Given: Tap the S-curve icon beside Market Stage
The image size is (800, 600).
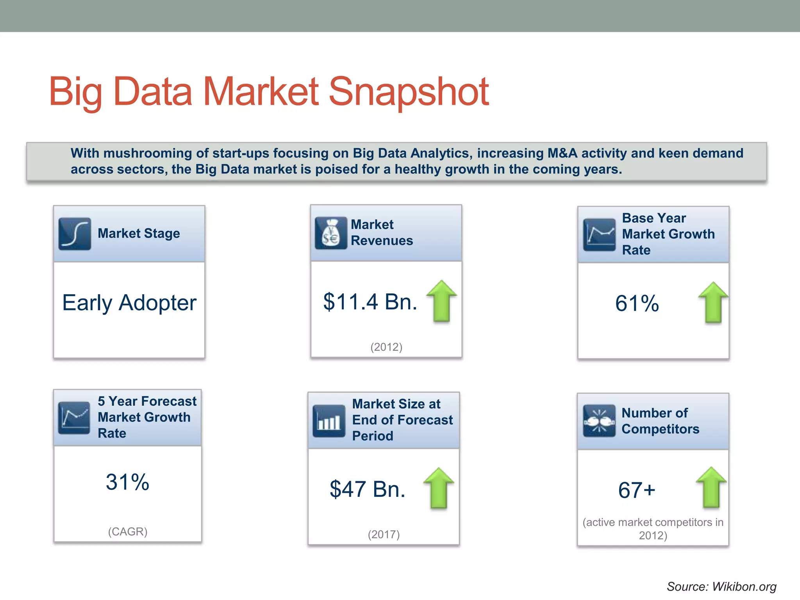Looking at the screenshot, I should pyautogui.click(x=75, y=234).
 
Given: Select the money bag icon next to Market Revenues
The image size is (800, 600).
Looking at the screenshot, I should pyautogui.click(x=331, y=233).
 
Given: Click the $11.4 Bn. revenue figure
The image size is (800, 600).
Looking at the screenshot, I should pyautogui.click(x=370, y=302).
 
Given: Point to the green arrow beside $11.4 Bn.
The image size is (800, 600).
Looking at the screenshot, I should pyautogui.click(x=441, y=301).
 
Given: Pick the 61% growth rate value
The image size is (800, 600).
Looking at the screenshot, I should pyautogui.click(x=637, y=304).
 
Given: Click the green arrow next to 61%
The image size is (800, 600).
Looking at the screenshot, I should pyautogui.click(x=713, y=302).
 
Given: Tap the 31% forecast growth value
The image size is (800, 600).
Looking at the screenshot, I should pyautogui.click(x=127, y=482).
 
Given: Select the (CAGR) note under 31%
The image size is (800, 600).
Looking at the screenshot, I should pyautogui.click(x=128, y=532).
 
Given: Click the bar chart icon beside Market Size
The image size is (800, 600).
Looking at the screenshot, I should pyautogui.click(x=329, y=421).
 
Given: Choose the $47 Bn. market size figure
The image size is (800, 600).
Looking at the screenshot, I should pyautogui.click(x=367, y=489).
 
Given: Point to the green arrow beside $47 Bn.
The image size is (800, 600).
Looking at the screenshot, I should pyautogui.click(x=439, y=488).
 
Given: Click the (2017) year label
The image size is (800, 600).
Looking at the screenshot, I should pyautogui.click(x=384, y=534).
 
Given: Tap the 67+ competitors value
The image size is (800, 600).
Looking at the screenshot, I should pyautogui.click(x=636, y=490).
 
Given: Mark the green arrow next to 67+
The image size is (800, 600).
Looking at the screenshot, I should pyautogui.click(x=711, y=487).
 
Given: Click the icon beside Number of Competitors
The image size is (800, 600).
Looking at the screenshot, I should pyautogui.click(x=599, y=421).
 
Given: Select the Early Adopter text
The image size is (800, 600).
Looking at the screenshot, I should pyautogui.click(x=129, y=303).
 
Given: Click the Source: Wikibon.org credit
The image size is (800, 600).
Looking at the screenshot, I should pyautogui.click(x=721, y=586).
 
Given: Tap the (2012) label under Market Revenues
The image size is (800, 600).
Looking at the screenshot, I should pyautogui.click(x=386, y=347).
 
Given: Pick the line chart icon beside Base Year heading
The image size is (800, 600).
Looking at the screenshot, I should pyautogui.click(x=599, y=235).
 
